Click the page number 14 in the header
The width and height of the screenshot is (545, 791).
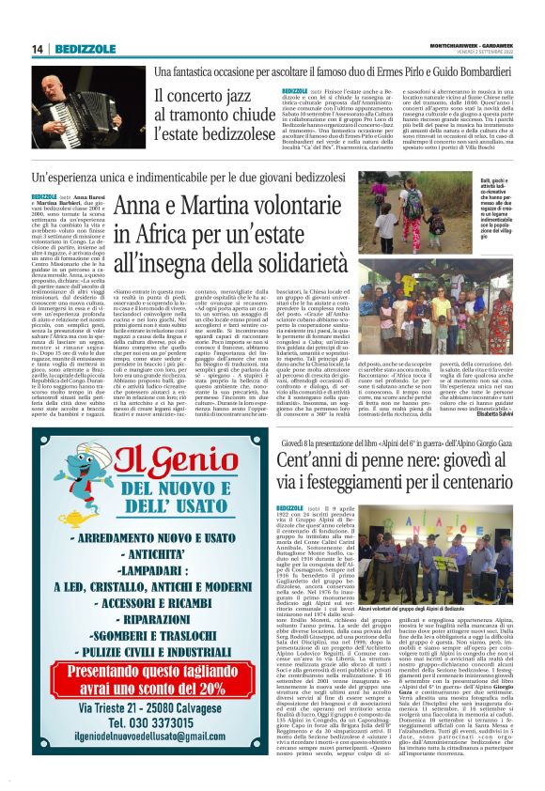[39, 49]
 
